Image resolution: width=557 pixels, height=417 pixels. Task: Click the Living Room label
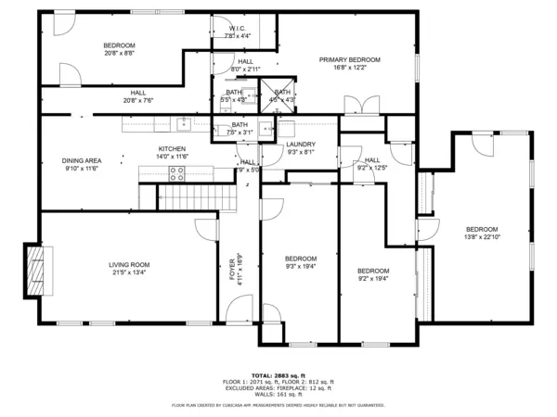click(x=130, y=265)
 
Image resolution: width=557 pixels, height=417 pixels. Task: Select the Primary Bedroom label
click(x=350, y=60)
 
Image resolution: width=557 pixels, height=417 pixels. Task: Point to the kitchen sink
click(x=184, y=120)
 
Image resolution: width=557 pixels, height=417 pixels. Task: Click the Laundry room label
click(x=301, y=144)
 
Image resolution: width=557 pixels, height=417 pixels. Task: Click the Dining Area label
click(x=82, y=160)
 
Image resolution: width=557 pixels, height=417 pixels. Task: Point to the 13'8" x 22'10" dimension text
click(x=482, y=237)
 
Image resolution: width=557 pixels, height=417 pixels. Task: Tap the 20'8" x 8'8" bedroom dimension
click(x=119, y=53)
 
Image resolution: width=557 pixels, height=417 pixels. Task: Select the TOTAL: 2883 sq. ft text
click(x=278, y=375)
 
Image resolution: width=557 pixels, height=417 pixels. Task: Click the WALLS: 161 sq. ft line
click(x=278, y=394)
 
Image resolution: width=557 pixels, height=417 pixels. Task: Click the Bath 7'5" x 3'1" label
click(x=240, y=129)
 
